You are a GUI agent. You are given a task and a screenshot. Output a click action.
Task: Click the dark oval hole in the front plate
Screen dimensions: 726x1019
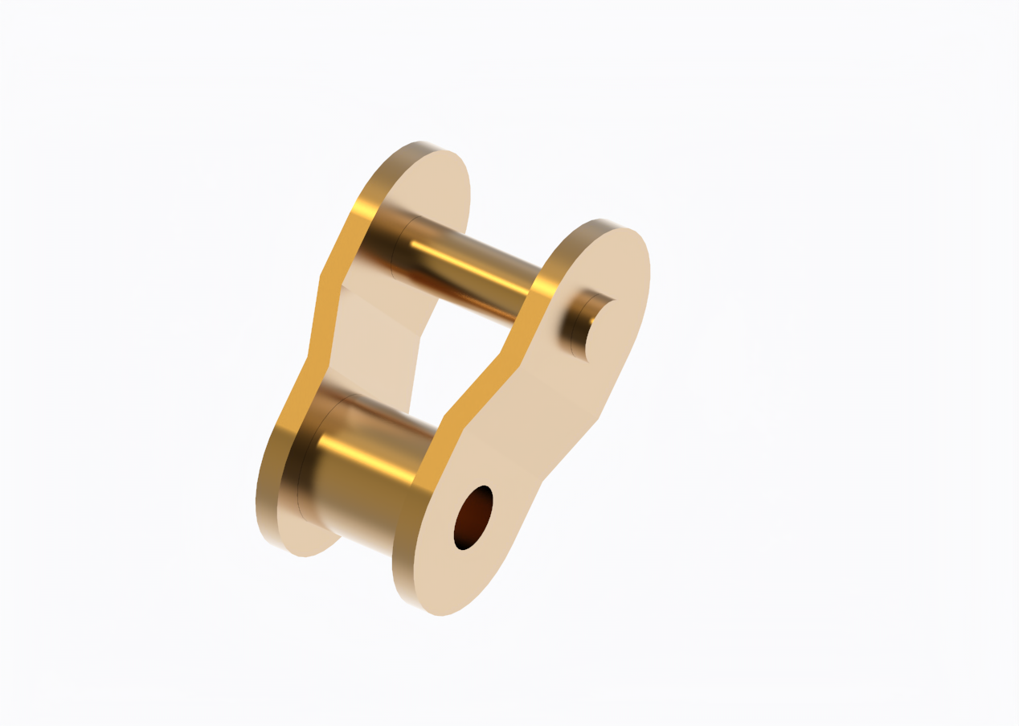pyautogui.click(x=473, y=518)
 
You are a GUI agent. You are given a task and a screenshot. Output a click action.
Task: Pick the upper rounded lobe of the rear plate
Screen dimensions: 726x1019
pyautogui.click(x=434, y=185)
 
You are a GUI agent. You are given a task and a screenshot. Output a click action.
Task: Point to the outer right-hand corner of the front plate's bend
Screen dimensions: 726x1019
pyautogui.click(x=598, y=419)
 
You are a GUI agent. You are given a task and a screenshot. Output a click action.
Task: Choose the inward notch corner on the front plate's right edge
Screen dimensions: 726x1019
pyautogui.click(x=543, y=481)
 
